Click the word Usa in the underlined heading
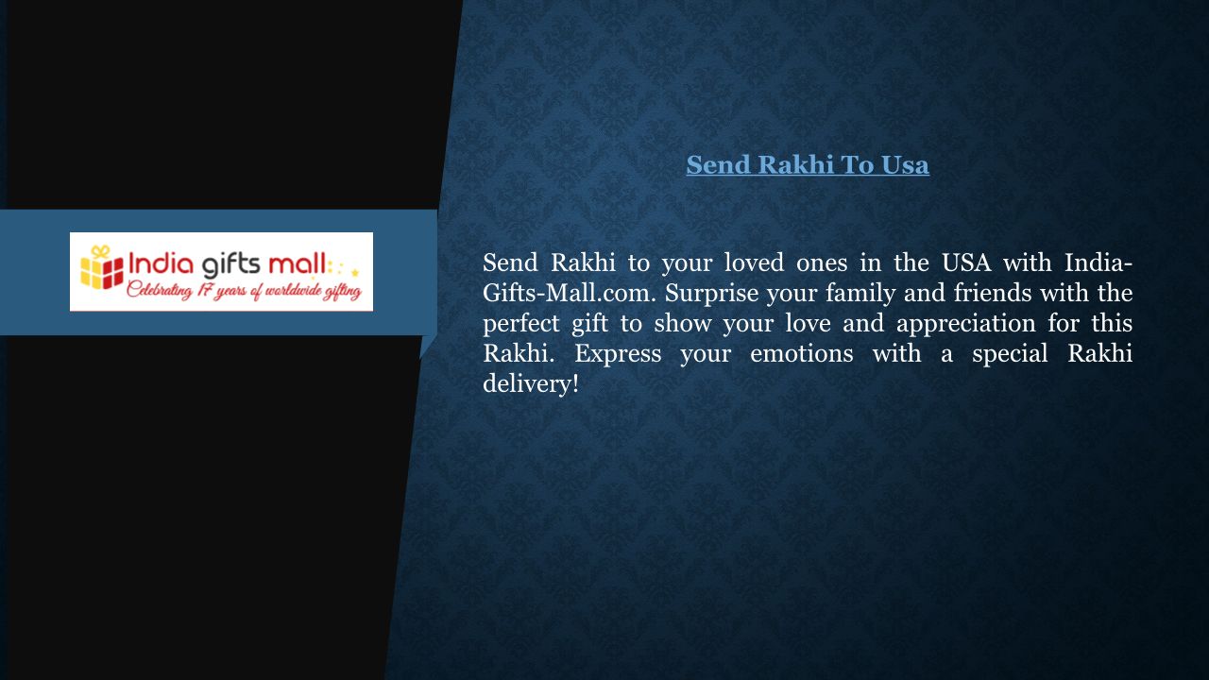905,164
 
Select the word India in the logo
161,263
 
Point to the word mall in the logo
297,263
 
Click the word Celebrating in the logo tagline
160,291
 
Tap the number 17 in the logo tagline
204,290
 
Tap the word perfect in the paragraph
520,324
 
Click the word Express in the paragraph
618,354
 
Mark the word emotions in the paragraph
802,353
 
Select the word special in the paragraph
1010,354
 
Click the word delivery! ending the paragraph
531,384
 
